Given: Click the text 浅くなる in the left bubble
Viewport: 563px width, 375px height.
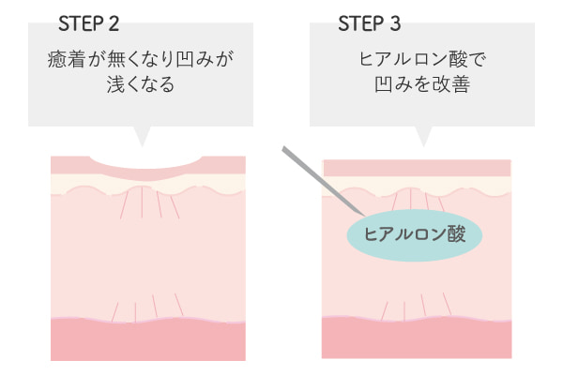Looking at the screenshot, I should (x=141, y=84).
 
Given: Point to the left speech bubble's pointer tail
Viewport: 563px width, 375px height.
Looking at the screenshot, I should (x=142, y=136).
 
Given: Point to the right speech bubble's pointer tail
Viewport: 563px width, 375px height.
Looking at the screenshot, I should (x=423, y=136).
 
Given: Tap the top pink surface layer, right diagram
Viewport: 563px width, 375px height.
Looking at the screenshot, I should (x=417, y=168).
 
